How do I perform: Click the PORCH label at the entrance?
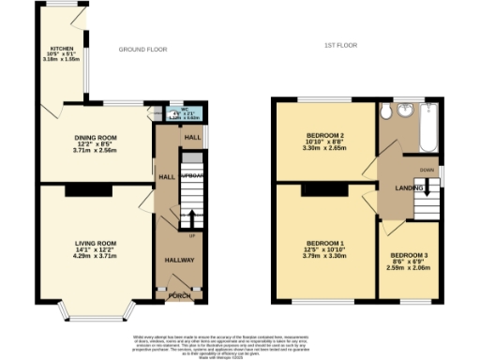tap(179, 297)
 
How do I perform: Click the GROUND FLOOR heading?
tap(142, 49)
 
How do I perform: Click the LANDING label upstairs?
tap(404, 189)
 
